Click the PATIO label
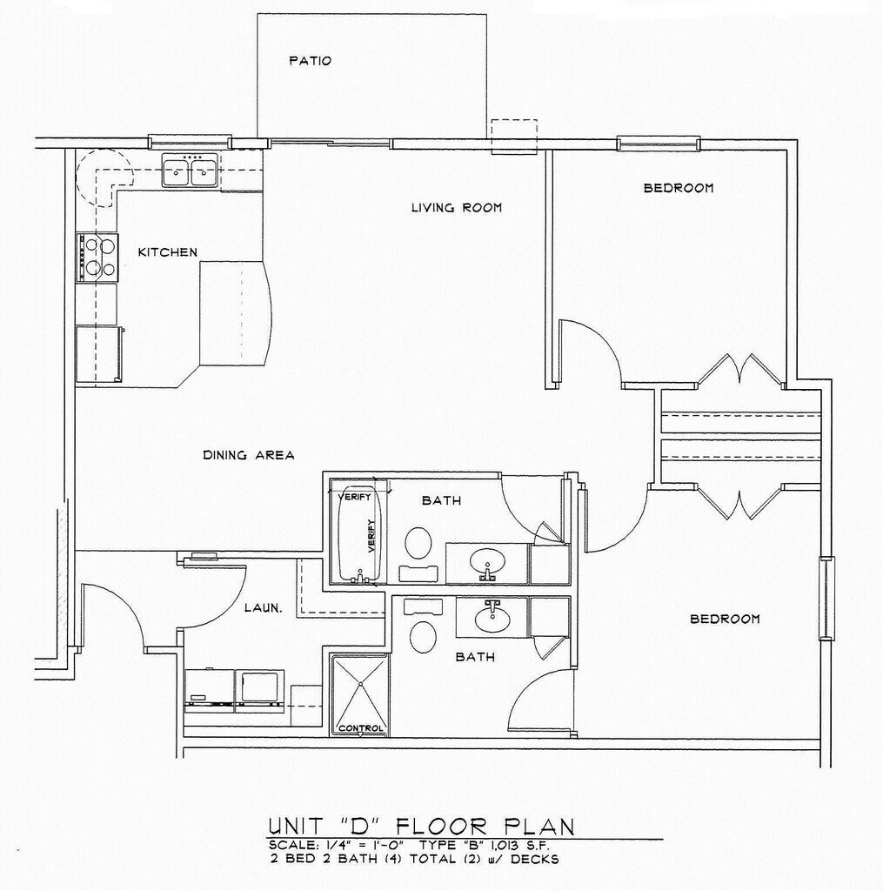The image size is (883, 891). pos(310,61)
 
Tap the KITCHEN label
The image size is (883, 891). pos(168,251)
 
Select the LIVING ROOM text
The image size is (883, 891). pos(457,208)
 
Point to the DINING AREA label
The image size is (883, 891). pos(248,455)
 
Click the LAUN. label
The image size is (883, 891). pos(263,608)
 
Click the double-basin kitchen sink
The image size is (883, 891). pos(190,171)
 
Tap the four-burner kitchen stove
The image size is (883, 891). pos(97,258)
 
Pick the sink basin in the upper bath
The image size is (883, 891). pos(487,563)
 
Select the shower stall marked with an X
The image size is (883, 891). pos(360,695)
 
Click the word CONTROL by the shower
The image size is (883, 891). pos(360,728)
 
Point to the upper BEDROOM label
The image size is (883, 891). pos(679,188)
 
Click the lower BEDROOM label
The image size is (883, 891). pos(725,619)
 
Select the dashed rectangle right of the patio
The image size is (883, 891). pos(513,137)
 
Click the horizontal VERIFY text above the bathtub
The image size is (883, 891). pos(354,497)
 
